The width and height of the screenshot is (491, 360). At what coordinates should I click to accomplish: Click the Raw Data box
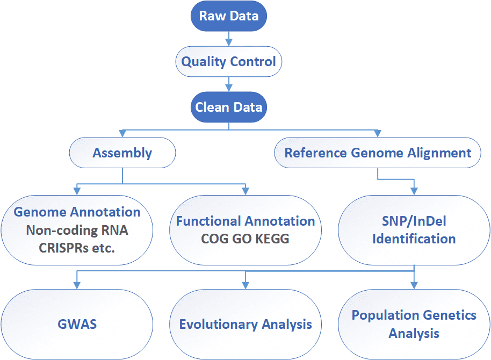point(229,16)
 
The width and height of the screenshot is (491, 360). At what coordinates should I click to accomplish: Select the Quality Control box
point(229,61)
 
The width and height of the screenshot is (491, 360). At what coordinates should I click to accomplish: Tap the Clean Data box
point(229,107)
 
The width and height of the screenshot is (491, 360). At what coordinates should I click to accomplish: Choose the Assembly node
point(122,153)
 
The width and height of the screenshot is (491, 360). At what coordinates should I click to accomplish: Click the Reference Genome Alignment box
point(378,153)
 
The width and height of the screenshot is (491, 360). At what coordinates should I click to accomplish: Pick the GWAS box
point(77,325)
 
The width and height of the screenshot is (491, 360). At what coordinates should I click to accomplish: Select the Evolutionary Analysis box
point(245,325)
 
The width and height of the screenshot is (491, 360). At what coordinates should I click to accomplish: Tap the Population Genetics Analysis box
point(414,325)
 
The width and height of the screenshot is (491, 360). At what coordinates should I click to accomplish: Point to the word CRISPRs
point(64,248)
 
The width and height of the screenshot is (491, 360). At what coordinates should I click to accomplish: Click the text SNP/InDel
point(414,221)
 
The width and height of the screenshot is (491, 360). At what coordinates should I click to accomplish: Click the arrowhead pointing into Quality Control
point(229,42)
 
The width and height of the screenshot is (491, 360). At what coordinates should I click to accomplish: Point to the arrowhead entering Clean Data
point(229,88)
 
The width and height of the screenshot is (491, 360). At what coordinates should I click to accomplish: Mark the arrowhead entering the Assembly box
point(122,133)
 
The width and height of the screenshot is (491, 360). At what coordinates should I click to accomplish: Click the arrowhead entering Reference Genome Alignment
point(378,133)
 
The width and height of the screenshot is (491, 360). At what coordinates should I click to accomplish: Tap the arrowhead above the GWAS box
point(77,285)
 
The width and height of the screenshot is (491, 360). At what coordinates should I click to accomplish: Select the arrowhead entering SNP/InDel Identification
point(414,191)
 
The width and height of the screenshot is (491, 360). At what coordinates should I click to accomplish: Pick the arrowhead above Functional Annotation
point(245,191)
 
